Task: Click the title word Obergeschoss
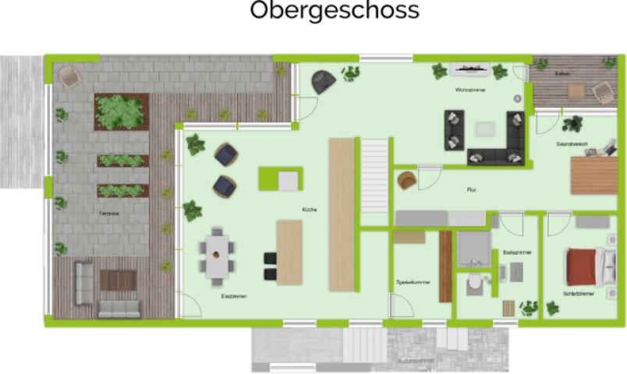pyautogui.click(x=335, y=12)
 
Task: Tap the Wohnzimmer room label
pyautogui.click(x=471, y=90)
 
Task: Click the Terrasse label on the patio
pyautogui.click(x=98, y=212)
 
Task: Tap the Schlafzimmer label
pyautogui.click(x=578, y=294)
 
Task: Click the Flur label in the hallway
pyautogui.click(x=471, y=189)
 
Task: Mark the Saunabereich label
pyautogui.click(x=572, y=144)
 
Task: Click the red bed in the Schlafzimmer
pyautogui.click(x=583, y=265)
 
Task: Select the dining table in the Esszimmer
pyautogui.click(x=218, y=252)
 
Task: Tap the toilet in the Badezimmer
pyautogui.click(x=473, y=286)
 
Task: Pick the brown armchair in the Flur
pyautogui.click(x=406, y=181)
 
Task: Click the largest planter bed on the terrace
pyautogui.click(x=121, y=111)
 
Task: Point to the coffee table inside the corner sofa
pyautogui.click(x=486, y=129)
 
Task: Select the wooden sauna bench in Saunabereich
pyautogui.click(x=593, y=175)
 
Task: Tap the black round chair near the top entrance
pyautogui.click(x=322, y=80)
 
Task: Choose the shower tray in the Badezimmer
pyautogui.click(x=472, y=249)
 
